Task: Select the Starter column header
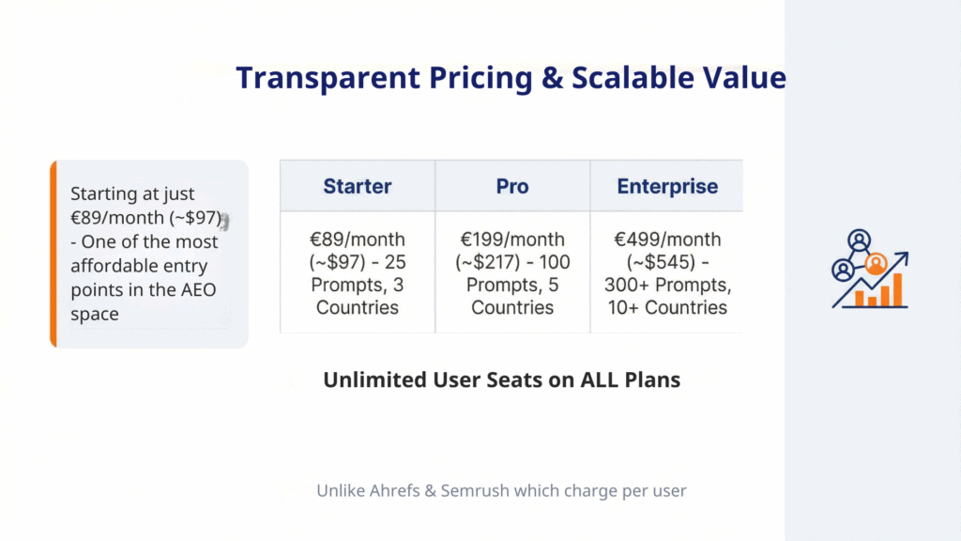[357, 186]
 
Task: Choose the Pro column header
[512, 186]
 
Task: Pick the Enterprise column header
[667, 186]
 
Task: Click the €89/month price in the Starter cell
[357, 239]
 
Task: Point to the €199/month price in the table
[512, 239]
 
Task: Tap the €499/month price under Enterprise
[667, 239]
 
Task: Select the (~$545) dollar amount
[648, 262]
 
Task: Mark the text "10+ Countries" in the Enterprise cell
[667, 307]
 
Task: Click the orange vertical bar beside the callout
[53, 254]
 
